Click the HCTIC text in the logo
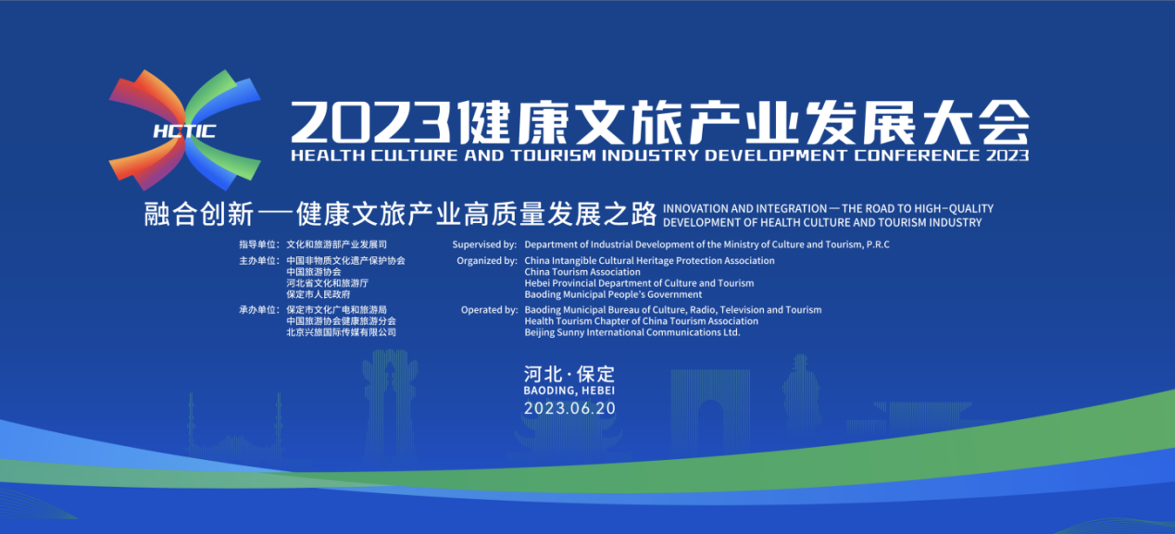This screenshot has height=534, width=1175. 184,131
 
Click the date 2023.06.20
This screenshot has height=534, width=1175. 569,408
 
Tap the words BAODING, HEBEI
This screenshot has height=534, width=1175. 569,391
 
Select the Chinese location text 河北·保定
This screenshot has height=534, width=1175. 569,374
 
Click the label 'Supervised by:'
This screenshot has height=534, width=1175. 484,244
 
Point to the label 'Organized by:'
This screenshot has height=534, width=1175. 487,260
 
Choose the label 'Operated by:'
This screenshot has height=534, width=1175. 489,310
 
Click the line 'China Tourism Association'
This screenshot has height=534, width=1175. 582,272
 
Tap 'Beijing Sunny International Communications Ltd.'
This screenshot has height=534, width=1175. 632,332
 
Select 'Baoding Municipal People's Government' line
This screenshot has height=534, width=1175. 613,294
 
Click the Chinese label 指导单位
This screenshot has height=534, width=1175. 257,244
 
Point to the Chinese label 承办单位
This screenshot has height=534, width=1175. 257,310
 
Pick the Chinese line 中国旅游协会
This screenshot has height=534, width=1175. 313,272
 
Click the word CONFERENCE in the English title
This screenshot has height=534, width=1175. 917,155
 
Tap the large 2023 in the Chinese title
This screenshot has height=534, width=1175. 370,122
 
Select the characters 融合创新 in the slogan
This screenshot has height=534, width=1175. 199,215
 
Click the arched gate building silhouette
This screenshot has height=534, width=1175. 709,404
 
